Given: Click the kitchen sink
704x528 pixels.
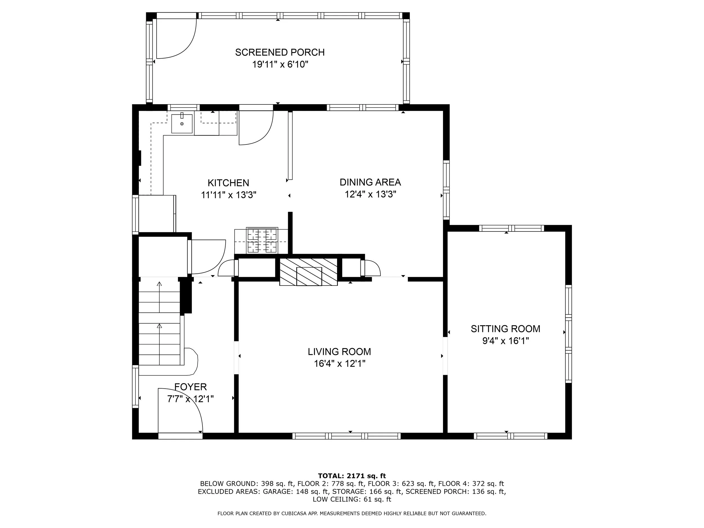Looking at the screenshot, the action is pyautogui.click(x=182, y=124).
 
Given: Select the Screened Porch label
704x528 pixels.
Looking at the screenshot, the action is pyautogui.click(x=280, y=52).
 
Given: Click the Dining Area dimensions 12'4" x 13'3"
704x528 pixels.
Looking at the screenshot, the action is pyautogui.click(x=371, y=194).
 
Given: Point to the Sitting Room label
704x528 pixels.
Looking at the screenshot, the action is pyautogui.click(x=505, y=328).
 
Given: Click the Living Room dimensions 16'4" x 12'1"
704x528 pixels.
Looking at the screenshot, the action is pyautogui.click(x=340, y=364).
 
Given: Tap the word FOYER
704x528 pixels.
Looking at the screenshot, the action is pyautogui.click(x=191, y=387).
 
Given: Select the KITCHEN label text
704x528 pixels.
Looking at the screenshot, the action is pyautogui.click(x=228, y=183).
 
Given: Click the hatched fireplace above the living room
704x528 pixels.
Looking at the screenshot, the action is pyautogui.click(x=308, y=271).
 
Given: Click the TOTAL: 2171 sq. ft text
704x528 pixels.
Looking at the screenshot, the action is pyautogui.click(x=352, y=476).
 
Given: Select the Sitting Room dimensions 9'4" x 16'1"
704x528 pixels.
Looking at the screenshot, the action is pyautogui.click(x=505, y=341).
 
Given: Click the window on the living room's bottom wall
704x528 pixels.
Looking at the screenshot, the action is pyautogui.click(x=347, y=436).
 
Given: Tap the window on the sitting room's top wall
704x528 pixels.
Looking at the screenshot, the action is pyautogui.click(x=511, y=228).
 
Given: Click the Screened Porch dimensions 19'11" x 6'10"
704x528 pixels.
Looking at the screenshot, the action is pyautogui.click(x=280, y=64).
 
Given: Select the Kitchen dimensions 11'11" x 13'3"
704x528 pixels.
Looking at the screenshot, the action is pyautogui.click(x=228, y=195).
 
